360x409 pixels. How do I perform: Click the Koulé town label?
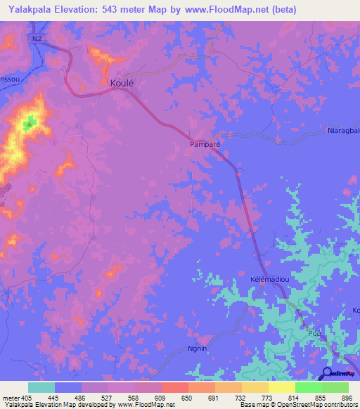tap(122, 83)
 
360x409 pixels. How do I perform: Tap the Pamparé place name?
tap(205, 144)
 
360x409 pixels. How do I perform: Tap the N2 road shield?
tap(37, 39)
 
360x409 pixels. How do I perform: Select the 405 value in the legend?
tap(26, 397)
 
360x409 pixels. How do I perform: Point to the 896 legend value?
tap(347, 397)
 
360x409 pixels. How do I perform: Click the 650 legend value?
tap(186, 397)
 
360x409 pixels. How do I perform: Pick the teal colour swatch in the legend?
tap(41, 387)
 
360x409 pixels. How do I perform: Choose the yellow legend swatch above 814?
tap(281, 387)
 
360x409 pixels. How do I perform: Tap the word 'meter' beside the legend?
tap(10, 397)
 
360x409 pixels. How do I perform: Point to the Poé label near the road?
tap(314, 334)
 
